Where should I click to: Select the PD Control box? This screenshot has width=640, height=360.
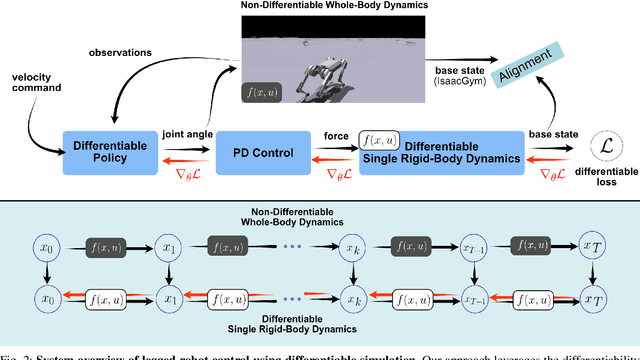point(261,152)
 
